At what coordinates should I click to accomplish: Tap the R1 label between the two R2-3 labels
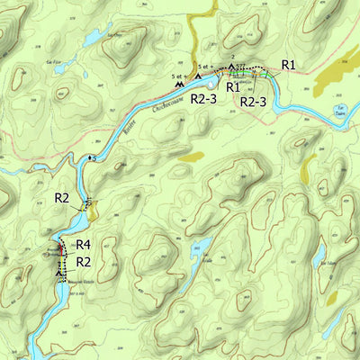tap(232, 87)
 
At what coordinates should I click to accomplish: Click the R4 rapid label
tap(84, 244)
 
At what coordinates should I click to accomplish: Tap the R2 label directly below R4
tap(84, 261)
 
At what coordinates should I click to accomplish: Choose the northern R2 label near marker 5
tap(62, 197)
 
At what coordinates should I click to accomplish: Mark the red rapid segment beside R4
tap(60, 248)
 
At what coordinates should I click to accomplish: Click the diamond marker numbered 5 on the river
tap(88, 159)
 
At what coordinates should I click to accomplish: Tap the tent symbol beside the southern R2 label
tap(60, 269)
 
